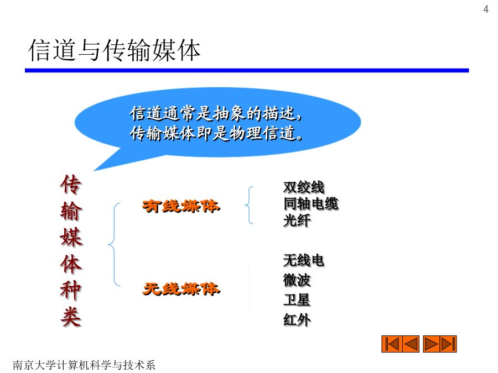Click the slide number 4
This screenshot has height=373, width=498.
pos(486,9)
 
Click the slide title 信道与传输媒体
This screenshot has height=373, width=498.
pos(115,50)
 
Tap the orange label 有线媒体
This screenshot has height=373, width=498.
pos(181,207)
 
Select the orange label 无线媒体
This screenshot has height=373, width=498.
pos(181,289)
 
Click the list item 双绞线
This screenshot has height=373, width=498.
pos(304,187)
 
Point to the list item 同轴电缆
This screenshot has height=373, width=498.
pos(311,203)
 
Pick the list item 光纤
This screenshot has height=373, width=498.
pos(297,220)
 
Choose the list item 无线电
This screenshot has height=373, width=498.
pos(304,260)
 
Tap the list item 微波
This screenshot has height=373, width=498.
pos(297,280)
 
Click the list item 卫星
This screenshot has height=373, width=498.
pos(297,300)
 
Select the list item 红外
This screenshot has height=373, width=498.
pos(297,320)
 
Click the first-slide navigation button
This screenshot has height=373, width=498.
pos(392,344)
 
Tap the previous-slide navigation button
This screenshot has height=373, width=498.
pos(411,344)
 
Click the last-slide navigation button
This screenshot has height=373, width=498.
pos(448,344)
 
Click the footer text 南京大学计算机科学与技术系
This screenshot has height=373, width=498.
pos(84,365)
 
